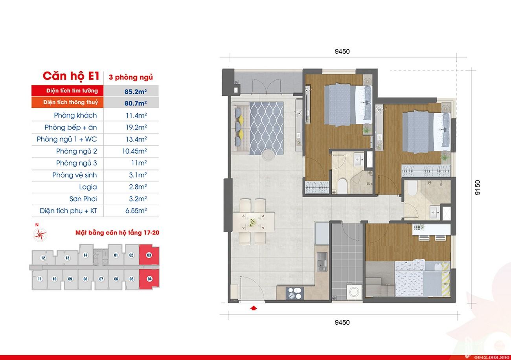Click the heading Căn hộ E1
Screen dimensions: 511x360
[71, 76]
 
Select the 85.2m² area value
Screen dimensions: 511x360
[136, 92]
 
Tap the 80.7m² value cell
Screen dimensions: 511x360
[136, 103]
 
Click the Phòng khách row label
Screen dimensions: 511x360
[75, 116]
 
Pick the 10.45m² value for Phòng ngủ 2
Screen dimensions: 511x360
[134, 151]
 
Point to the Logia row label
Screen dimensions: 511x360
[88, 187]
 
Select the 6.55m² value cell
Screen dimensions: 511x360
[136, 211]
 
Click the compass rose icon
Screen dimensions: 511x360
[40, 235]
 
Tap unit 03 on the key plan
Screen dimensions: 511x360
[149, 255]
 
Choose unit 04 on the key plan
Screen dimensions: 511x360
[149, 279]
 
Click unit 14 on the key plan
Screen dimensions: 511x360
[86, 255]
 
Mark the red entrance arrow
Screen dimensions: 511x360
[254, 308]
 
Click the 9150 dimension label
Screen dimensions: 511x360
[478, 187]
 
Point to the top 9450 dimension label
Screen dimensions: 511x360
[342, 51]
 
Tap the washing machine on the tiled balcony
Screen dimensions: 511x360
[354, 292]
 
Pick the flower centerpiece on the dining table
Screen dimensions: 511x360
[252, 222]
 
